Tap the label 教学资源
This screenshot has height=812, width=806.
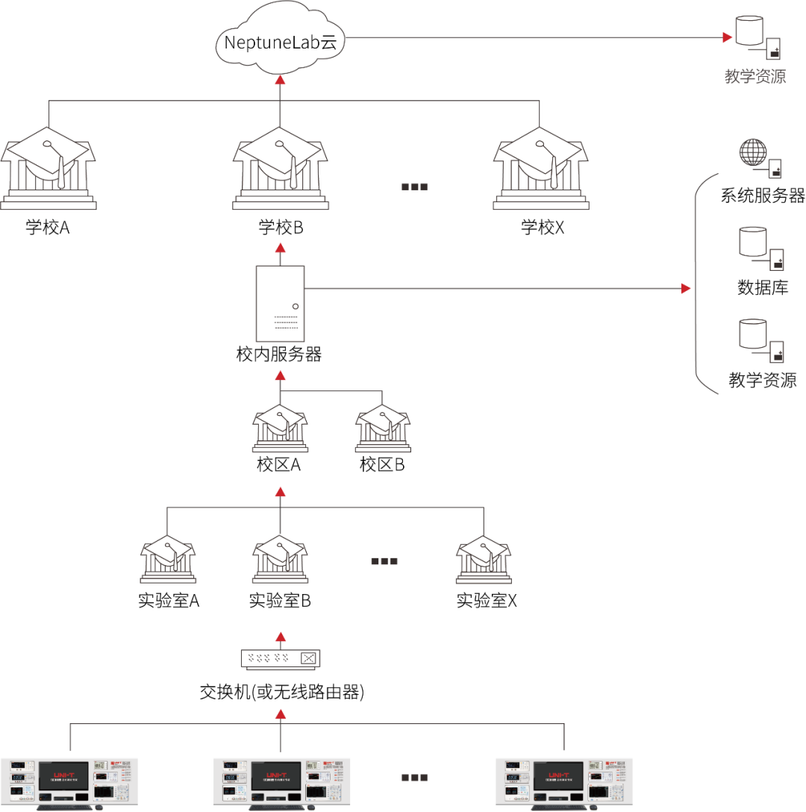click(x=755, y=77)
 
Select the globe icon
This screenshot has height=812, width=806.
click(x=752, y=152)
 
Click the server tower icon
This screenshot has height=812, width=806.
click(x=280, y=304)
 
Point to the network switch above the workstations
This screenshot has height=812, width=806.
click(x=280, y=658)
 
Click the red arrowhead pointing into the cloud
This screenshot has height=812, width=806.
click(x=280, y=80)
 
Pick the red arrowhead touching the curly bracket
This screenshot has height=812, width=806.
click(x=686, y=288)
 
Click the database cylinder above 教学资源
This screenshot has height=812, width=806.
click(x=749, y=31)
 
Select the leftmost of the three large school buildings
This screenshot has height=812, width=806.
click(x=48, y=169)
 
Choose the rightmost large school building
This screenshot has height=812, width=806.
click(x=540, y=169)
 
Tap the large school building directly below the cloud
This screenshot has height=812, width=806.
click(x=280, y=169)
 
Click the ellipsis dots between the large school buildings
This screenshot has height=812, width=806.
click(x=414, y=187)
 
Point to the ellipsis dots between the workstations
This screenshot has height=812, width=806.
click(x=414, y=777)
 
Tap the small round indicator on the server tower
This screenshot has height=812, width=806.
click(x=296, y=306)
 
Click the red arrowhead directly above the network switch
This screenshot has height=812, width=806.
click(x=280, y=637)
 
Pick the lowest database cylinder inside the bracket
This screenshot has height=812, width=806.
click(x=752, y=334)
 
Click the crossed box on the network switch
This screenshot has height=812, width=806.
click(x=308, y=658)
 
